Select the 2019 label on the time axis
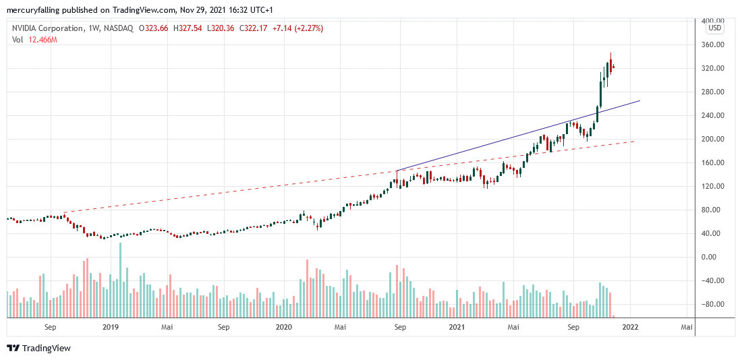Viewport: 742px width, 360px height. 111,327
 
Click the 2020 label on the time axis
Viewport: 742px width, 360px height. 284,327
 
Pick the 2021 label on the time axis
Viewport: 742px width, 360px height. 457,327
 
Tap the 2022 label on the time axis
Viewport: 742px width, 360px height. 630,327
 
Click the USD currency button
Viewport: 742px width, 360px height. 714,28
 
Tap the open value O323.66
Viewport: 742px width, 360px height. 153,28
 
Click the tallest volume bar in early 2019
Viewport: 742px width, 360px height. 121,280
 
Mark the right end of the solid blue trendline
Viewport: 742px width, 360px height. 639,100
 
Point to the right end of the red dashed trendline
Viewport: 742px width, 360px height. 634,141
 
